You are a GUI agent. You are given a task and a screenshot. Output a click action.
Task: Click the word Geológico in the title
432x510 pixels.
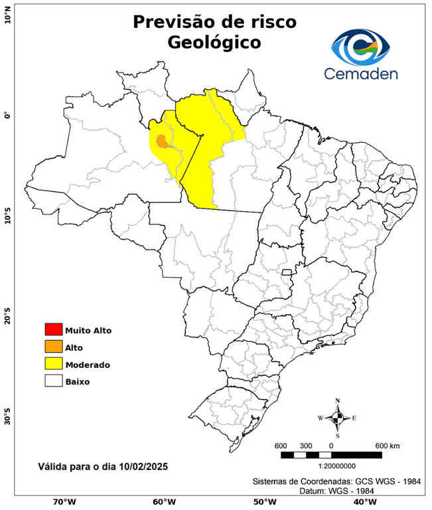(214, 42)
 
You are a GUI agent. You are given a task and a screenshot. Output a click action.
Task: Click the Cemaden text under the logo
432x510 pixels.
(362, 72)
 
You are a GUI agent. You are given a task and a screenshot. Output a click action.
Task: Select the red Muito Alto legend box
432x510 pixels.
(53, 329)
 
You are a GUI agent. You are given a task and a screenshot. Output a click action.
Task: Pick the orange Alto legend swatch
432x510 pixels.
(53, 347)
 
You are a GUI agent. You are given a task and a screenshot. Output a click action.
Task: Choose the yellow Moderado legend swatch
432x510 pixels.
(53, 364)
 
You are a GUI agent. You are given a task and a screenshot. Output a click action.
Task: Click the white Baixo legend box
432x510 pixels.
(53, 381)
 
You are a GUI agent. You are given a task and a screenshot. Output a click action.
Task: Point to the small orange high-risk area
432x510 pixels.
(161, 141)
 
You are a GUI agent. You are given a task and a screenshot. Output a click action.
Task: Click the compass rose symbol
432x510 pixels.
(338, 418)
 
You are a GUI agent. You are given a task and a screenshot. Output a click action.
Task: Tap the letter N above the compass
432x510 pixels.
(338, 400)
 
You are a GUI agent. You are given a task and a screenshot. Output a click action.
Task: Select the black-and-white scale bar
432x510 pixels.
(332, 455)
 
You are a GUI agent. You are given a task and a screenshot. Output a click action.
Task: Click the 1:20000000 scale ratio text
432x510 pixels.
(332, 466)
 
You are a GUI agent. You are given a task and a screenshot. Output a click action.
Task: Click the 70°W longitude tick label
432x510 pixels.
(64, 502)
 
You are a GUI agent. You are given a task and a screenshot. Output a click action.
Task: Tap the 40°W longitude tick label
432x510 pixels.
(362, 502)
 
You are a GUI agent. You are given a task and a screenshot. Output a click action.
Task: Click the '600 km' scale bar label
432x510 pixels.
(387, 445)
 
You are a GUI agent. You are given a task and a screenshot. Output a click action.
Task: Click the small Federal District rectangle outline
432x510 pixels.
(287, 272)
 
